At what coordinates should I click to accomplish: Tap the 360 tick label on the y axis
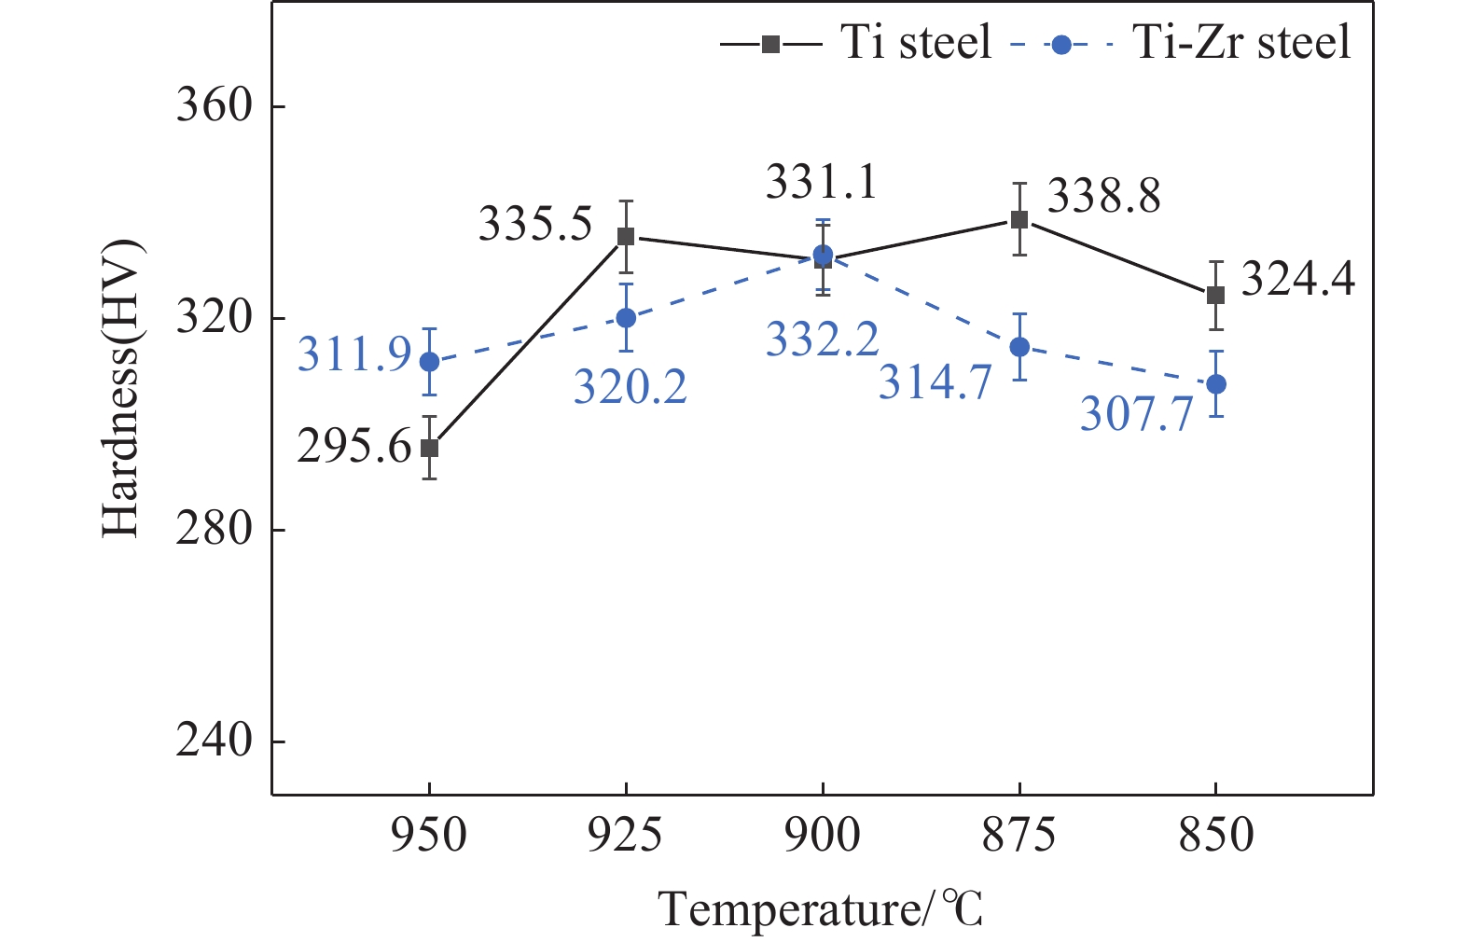(x=215, y=106)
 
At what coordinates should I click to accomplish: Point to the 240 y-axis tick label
(x=215, y=741)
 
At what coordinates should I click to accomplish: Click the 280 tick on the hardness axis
(x=215, y=530)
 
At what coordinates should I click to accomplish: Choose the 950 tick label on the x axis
(x=429, y=835)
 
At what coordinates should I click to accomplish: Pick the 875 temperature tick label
(x=1019, y=835)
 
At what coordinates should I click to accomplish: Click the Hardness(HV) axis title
(x=121, y=389)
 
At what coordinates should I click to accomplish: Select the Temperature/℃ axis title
(x=821, y=909)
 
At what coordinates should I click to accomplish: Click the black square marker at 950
(x=429, y=449)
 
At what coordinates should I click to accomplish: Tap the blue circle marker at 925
(x=626, y=318)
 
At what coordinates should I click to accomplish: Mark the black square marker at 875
(x=1019, y=220)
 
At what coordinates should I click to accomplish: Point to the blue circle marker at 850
(x=1216, y=384)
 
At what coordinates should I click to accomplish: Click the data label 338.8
(x=1104, y=197)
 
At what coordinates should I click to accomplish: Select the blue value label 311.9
(x=354, y=354)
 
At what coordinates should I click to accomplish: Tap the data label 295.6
(x=354, y=448)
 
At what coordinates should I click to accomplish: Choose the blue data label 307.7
(x=1137, y=413)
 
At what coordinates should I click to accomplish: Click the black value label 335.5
(x=535, y=225)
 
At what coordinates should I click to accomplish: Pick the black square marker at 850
(x=1215, y=296)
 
